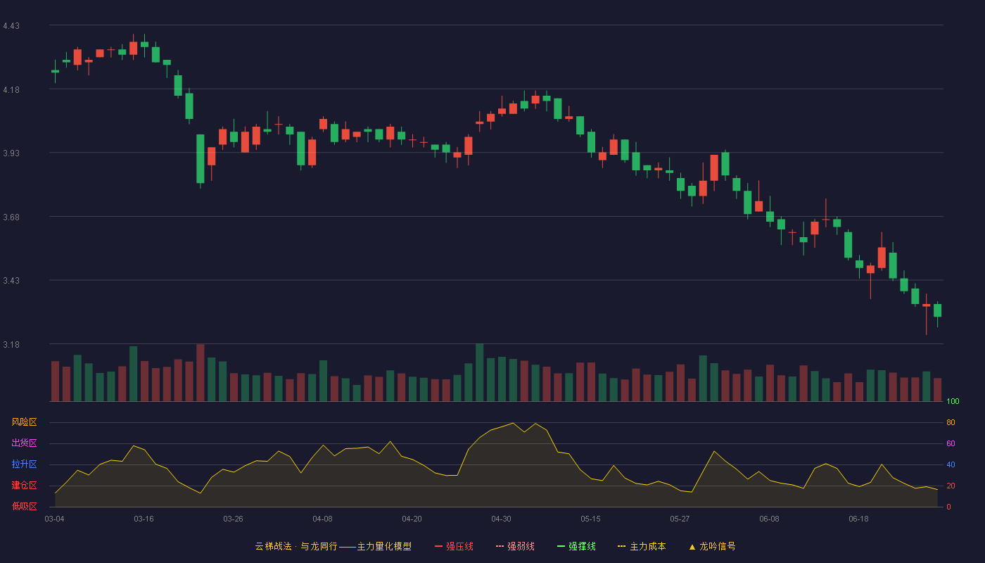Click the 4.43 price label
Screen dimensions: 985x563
11,26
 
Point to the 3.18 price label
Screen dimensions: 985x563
11,344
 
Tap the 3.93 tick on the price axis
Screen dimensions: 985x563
11,153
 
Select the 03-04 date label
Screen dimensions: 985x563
55,519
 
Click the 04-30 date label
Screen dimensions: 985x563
501,519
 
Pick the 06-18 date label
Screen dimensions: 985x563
859,519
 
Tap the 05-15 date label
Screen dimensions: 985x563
590,519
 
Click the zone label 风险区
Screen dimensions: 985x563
24,422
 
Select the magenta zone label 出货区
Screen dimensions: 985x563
24,443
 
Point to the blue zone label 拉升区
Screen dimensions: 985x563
24,464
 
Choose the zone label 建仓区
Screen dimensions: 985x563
24,485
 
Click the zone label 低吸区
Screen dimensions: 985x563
24,506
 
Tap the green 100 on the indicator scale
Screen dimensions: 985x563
953,401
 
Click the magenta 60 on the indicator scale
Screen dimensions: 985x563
951,443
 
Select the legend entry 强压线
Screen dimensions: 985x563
454,546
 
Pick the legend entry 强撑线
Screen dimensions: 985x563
576,546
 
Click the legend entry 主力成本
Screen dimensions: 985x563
642,546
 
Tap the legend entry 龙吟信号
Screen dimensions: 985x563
712,546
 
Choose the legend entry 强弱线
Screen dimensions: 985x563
515,546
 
